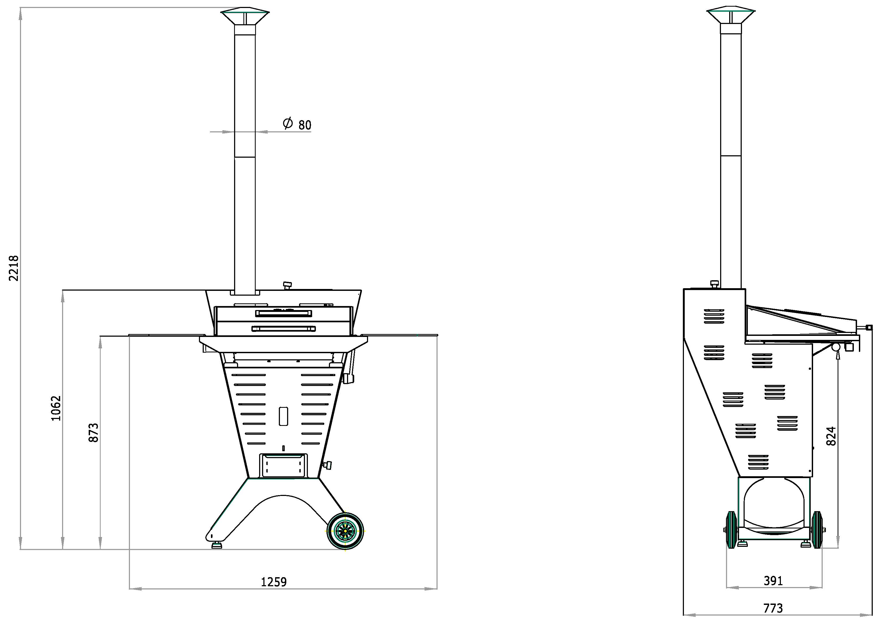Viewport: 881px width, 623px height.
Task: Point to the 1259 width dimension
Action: pos(274,582)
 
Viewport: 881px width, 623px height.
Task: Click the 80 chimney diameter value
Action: pos(305,125)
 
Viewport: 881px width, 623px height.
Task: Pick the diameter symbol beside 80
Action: pos(288,123)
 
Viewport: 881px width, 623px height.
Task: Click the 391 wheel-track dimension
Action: pos(773,581)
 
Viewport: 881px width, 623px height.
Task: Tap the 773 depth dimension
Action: pos(773,608)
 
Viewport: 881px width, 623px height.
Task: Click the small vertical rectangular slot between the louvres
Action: pos(284,416)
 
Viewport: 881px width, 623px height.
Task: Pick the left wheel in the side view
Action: pos(731,530)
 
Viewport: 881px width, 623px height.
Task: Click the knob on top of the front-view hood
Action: pos(287,286)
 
